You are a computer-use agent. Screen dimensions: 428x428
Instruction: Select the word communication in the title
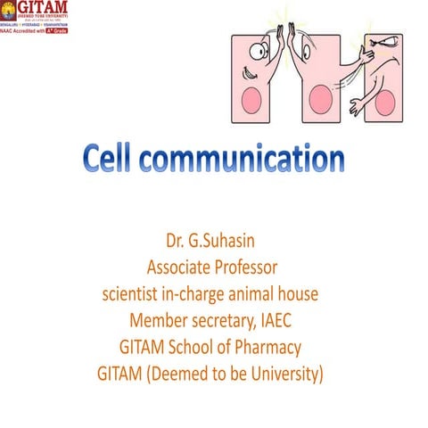click(245, 160)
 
